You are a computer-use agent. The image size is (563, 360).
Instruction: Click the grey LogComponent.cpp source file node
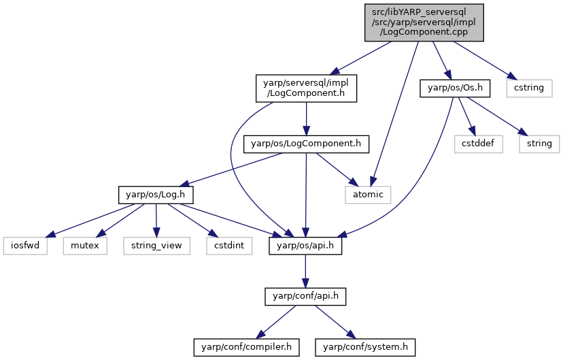tap(424, 22)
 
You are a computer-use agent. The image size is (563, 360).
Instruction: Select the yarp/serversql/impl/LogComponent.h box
tap(306, 88)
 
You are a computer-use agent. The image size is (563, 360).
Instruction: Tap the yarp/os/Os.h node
tap(455, 88)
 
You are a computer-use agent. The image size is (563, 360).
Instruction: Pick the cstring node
tap(529, 88)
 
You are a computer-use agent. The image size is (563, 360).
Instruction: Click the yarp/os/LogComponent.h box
tap(306, 144)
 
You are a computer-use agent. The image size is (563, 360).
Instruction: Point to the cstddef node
tap(478, 144)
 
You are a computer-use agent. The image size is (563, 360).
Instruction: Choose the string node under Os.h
tap(539, 144)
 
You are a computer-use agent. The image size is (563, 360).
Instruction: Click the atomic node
tap(368, 195)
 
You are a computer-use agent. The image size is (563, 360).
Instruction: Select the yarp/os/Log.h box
tap(156, 195)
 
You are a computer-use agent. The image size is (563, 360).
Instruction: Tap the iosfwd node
tap(25, 246)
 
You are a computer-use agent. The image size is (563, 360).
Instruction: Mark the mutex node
tap(85, 246)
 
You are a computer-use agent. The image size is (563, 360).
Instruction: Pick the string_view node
tap(156, 246)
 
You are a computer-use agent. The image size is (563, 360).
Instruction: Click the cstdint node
tap(229, 246)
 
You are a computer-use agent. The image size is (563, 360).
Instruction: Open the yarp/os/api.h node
tap(305, 246)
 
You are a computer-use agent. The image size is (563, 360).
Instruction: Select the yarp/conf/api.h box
tap(305, 297)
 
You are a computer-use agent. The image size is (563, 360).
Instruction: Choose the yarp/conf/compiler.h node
tap(246, 348)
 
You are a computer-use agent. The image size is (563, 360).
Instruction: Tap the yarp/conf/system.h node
tap(365, 348)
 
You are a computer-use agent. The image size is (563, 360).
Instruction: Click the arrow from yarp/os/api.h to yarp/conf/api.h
tap(305, 272)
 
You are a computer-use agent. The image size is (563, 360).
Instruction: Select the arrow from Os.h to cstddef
tap(466, 116)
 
